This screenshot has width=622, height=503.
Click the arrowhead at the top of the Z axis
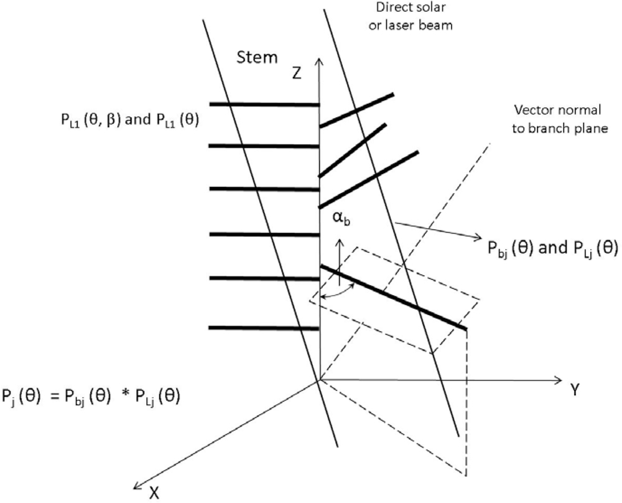click(319, 60)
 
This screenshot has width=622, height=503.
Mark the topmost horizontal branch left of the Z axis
click(264, 104)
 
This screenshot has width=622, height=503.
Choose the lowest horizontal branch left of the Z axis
click(264, 327)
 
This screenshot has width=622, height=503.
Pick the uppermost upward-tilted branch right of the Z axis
click(356, 110)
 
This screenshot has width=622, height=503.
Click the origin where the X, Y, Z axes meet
click(319, 379)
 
